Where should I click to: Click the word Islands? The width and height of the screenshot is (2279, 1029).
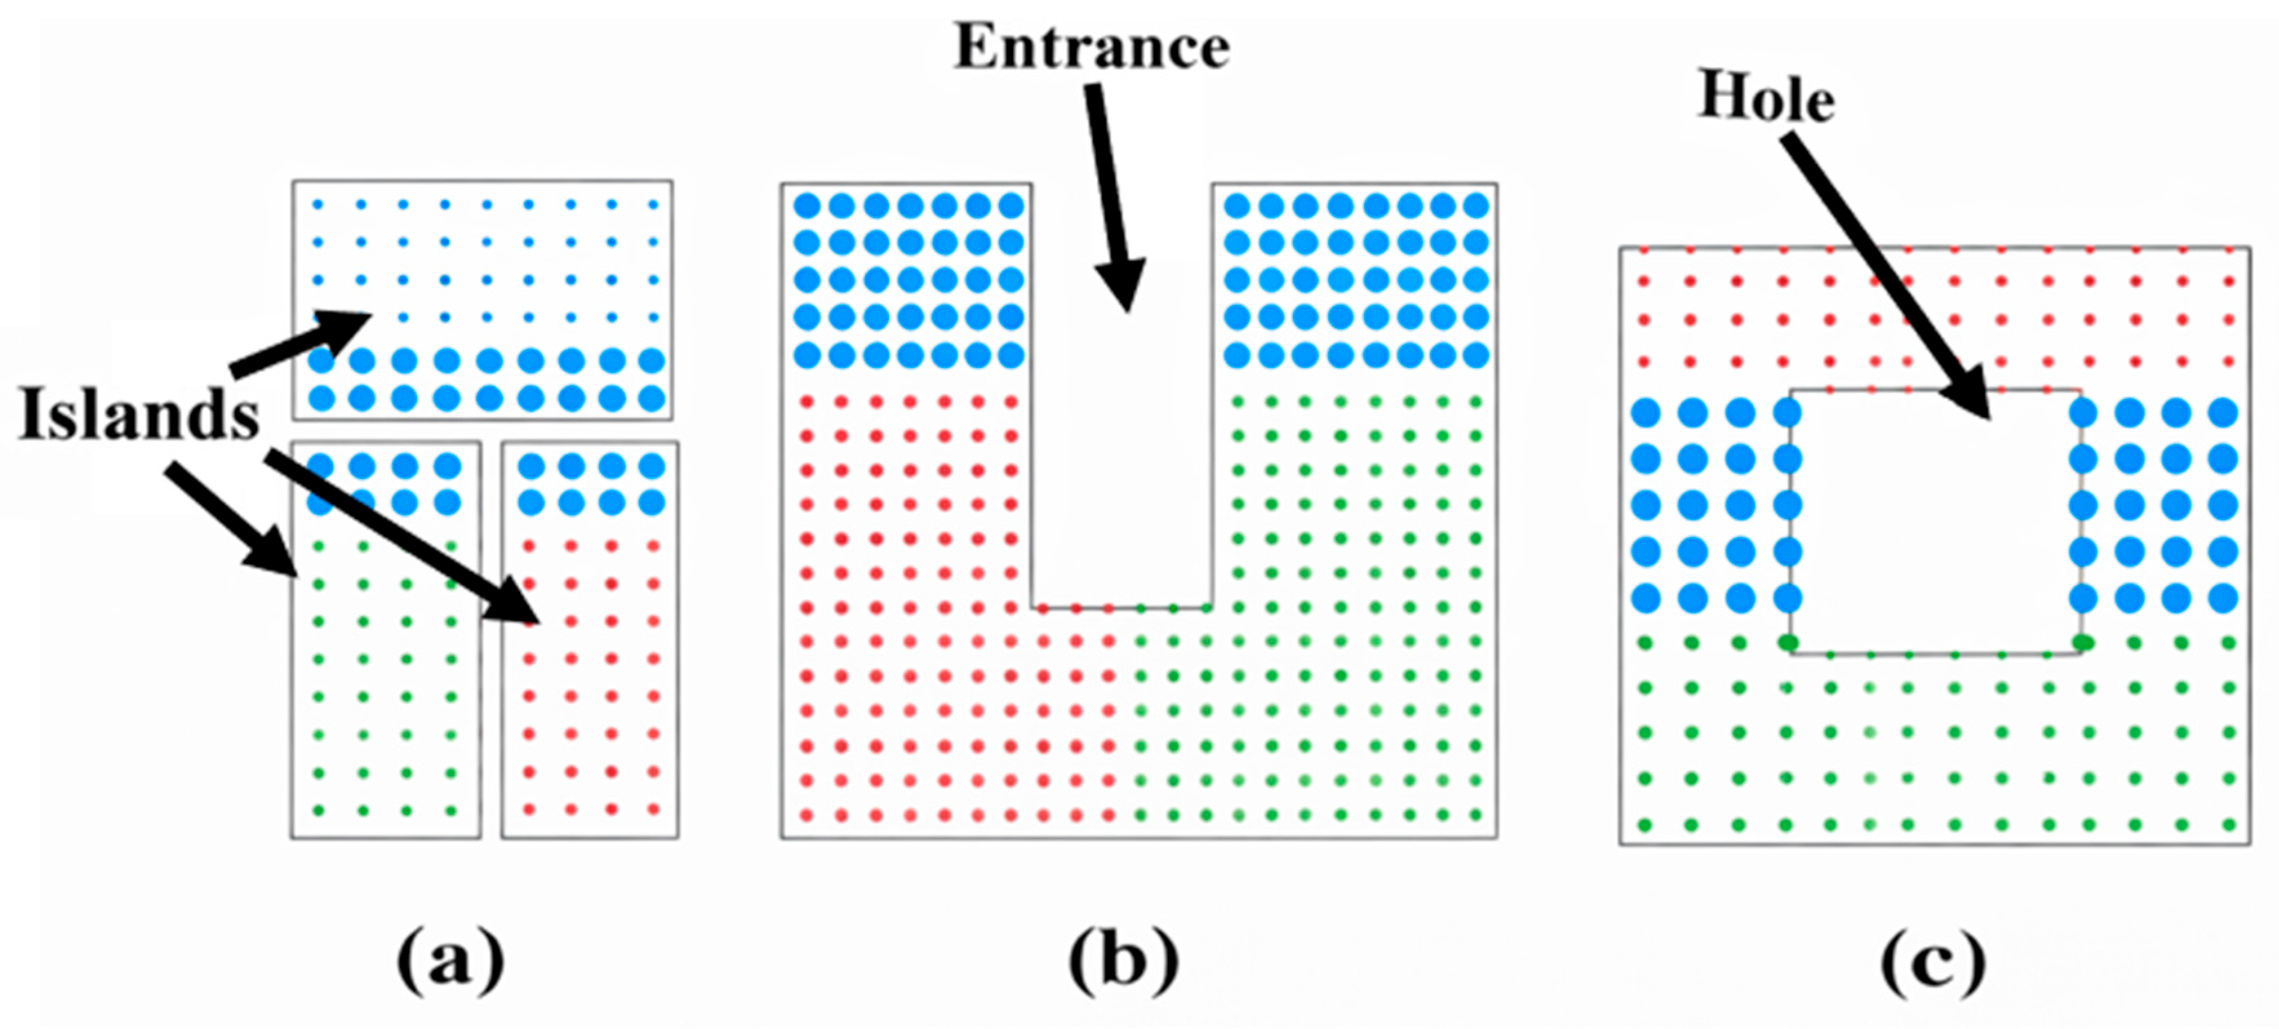pos(139,414)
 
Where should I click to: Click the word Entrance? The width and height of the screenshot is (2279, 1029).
pos(1092,47)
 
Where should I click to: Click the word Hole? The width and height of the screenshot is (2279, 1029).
pos(1766,97)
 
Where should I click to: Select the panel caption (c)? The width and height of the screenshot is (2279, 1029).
pos(1934,962)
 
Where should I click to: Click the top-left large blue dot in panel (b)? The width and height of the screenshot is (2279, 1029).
pos(807,206)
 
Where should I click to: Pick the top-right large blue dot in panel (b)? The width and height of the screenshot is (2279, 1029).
pos(1476,206)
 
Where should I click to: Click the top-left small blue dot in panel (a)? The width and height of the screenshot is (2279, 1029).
pos(319,205)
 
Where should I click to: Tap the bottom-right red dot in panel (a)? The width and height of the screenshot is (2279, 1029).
pos(654,810)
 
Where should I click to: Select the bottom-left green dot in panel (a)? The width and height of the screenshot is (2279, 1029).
pos(319,810)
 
